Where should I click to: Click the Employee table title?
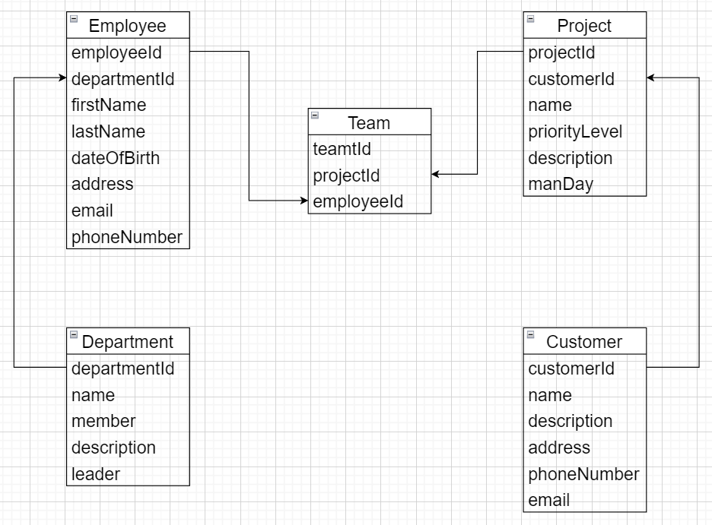coord(127,26)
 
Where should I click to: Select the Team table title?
coord(369,122)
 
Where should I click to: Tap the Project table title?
coord(584,26)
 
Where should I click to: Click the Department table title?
coord(127,342)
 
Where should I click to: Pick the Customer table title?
coord(584,342)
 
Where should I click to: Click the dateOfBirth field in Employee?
coord(116,158)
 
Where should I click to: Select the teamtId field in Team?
coord(342,149)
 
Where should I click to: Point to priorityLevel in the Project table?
coord(575,131)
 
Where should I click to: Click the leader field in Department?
coord(96,474)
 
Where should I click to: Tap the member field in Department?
coord(103,421)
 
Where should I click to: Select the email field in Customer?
coord(549,500)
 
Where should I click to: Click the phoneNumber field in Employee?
coord(127,237)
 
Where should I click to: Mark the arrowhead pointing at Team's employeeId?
coord(304,201)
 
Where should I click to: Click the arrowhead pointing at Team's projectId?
coord(436,175)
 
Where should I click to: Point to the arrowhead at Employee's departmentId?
coord(62,77)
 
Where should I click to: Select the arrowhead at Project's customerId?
coord(651,77)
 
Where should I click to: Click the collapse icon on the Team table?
coord(315,115)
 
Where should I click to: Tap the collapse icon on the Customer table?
coord(530,334)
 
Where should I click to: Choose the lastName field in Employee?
coord(108,131)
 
